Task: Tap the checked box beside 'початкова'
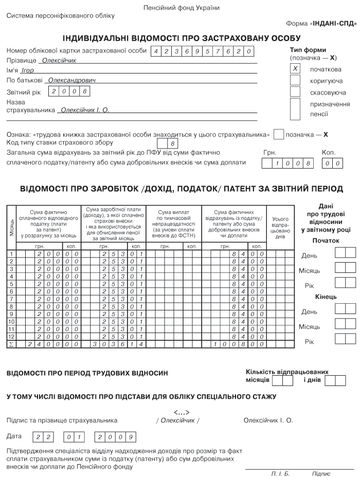295,68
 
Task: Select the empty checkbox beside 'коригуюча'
295,80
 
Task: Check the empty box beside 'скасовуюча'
295,91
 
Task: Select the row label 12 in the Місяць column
11,336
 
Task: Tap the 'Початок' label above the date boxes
326,240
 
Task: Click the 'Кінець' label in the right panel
326,297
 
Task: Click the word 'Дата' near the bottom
14,436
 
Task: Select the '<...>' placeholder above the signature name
182,412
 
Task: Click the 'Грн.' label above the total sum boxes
270,153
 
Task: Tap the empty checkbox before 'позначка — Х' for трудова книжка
279,134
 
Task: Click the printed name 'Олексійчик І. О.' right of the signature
268,420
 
